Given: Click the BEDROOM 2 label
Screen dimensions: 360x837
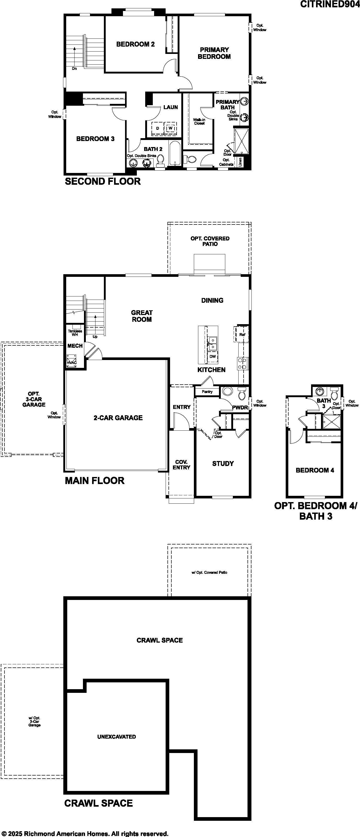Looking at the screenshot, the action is [136, 44].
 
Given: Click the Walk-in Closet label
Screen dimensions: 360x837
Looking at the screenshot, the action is [199, 121].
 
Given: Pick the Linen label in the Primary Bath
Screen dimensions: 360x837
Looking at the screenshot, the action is [240, 162].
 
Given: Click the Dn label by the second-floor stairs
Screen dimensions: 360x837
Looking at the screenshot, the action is [74, 69].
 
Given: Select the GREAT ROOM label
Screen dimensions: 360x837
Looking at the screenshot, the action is [142, 316].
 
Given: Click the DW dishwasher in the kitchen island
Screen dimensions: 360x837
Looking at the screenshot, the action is [212, 356].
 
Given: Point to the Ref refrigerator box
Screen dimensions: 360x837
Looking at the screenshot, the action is [242, 334].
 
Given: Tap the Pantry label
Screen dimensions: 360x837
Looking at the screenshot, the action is [207, 391].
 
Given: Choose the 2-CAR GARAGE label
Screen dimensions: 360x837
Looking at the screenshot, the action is [118, 418].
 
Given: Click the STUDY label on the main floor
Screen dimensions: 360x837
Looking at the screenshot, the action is [223, 464].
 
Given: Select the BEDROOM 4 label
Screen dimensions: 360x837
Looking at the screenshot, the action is [315, 470].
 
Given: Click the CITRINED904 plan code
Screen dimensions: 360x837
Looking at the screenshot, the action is [330, 4].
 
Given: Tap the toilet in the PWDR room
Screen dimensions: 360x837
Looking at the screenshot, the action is [242, 394].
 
